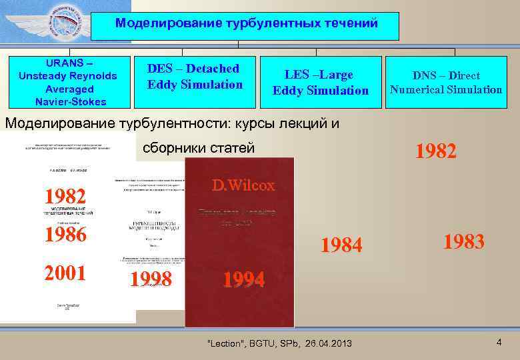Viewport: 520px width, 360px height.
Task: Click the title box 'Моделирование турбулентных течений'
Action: (246, 24)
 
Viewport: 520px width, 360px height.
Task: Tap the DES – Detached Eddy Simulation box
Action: (195, 81)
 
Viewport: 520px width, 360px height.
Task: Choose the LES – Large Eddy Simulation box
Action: (320, 82)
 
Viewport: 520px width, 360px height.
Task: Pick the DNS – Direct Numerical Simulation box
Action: (446, 82)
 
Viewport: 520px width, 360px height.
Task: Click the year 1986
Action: (65, 234)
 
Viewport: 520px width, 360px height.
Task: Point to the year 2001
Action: (65, 273)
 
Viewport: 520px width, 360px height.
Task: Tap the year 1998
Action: (151, 279)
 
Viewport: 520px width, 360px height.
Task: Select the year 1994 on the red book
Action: (243, 279)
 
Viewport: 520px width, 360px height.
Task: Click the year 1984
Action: (341, 245)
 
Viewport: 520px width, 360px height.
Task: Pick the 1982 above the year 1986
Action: (65, 197)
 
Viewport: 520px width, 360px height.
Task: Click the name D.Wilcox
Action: (243, 185)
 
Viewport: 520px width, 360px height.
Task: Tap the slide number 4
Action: (499, 342)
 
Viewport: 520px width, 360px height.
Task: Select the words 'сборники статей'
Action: (199, 148)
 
